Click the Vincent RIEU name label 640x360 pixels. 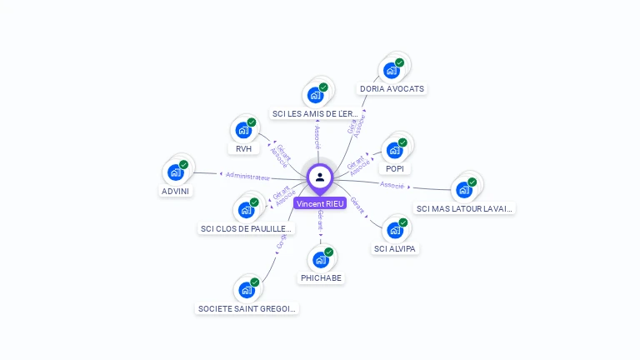point(320,203)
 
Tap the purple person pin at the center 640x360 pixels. point(320,177)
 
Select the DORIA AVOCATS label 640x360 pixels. point(392,88)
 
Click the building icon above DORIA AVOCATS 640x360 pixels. point(391,71)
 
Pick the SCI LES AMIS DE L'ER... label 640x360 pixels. point(316,113)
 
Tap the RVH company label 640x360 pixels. point(243,148)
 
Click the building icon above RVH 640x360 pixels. point(243,131)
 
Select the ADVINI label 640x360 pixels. point(175,191)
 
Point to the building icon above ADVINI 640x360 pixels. point(176,172)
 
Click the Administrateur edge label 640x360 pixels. point(247,177)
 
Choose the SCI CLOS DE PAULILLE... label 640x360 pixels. point(247,228)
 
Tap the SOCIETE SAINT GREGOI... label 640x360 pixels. point(247,308)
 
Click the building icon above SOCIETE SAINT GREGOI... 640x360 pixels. point(247,290)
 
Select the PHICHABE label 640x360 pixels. point(321,277)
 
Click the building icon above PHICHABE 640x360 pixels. point(320,260)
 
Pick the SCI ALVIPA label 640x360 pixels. point(395,248)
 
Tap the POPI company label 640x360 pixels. point(395,168)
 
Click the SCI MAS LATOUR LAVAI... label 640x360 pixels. point(465,208)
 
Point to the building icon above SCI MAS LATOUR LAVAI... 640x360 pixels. point(464,190)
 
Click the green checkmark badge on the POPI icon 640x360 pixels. point(402,142)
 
